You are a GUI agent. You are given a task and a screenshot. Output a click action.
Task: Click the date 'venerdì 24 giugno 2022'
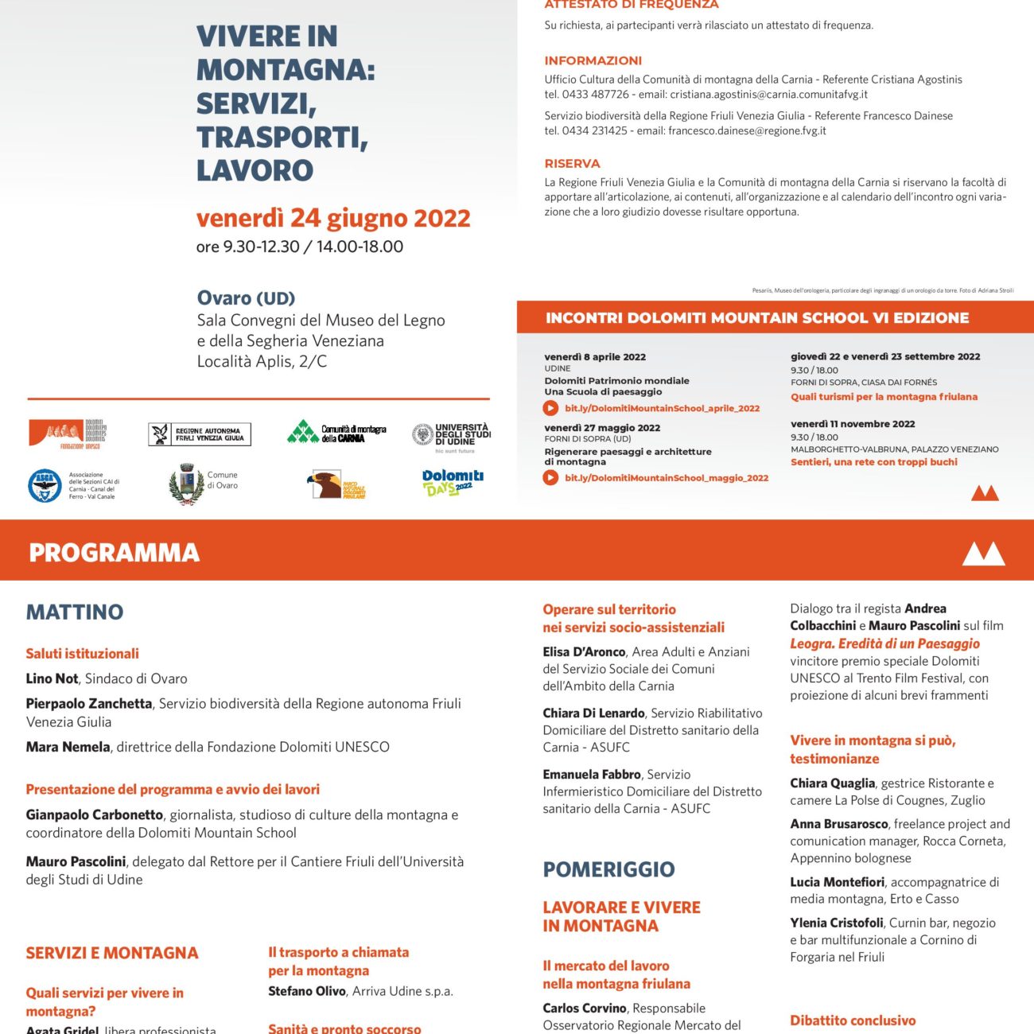coord(333,218)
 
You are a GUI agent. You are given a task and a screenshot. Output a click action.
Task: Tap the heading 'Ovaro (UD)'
coord(246,298)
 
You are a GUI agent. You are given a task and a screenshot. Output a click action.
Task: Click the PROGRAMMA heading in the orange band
coord(114,553)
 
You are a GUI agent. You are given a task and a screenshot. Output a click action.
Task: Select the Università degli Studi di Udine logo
coord(451,436)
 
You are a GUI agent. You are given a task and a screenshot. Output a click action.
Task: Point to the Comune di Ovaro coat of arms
coord(187,485)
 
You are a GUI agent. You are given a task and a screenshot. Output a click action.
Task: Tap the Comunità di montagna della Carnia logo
coord(336,433)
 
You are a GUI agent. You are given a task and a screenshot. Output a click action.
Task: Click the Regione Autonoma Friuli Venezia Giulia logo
coord(200,434)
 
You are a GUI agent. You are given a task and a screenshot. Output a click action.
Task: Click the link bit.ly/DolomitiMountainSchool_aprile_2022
coord(662,408)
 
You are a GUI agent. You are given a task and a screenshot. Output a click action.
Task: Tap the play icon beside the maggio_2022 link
coord(550,478)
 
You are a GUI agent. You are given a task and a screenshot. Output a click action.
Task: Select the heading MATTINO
coord(75,612)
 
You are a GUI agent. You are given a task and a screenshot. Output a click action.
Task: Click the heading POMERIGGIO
coord(608,869)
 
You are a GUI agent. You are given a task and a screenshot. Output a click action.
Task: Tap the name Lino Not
coord(52,678)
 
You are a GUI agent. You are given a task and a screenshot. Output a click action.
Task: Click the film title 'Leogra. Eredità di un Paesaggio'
coord(884,643)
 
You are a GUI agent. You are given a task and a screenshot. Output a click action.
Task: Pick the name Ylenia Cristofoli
coord(836,923)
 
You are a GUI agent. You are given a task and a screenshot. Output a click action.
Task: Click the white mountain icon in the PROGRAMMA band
coord(983,553)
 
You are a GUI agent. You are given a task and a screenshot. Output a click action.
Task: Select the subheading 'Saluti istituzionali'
coord(82,654)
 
